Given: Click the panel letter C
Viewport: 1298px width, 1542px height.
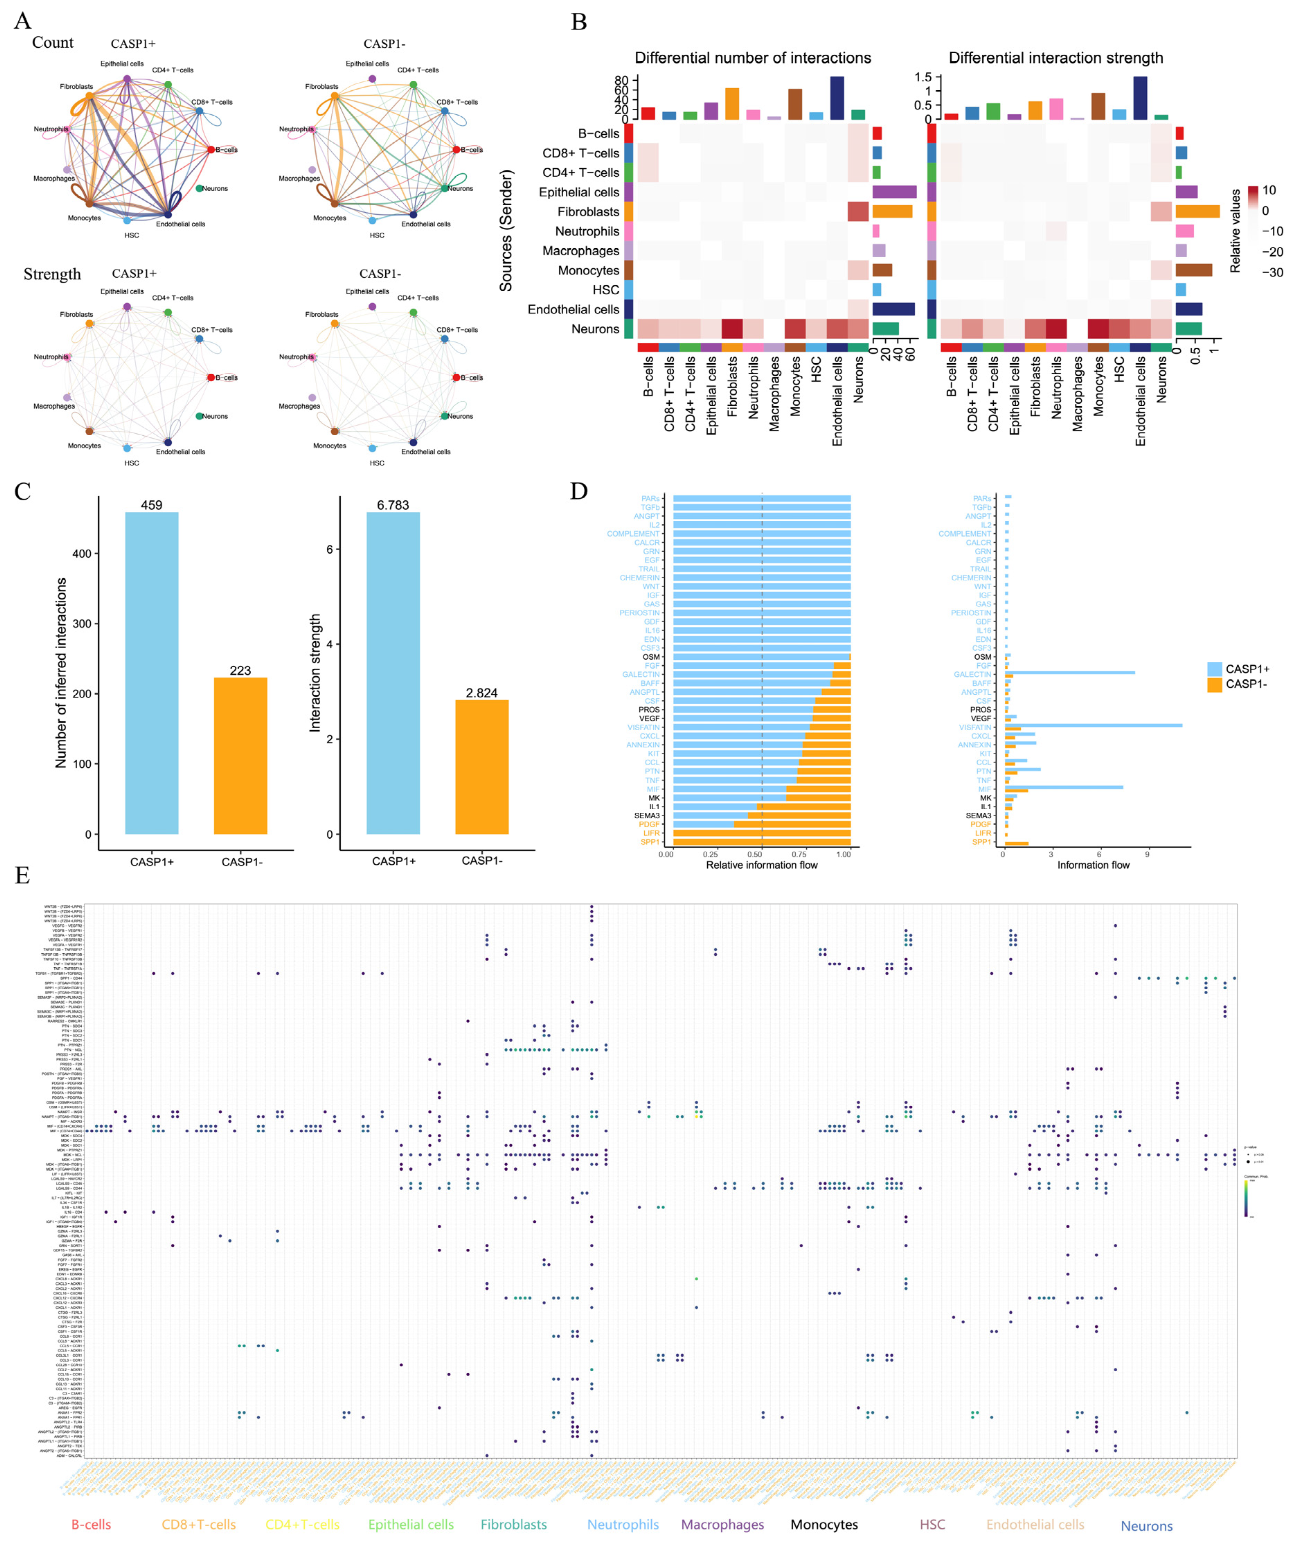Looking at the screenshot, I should pos(23,492).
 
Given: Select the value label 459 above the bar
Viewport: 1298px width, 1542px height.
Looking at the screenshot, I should pos(152,505).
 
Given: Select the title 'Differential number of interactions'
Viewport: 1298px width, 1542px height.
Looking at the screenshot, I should pos(753,58).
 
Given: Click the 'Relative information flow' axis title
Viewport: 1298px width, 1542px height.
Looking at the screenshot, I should pos(762,865).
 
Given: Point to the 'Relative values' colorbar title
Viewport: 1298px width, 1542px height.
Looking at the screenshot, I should pos(1235,231).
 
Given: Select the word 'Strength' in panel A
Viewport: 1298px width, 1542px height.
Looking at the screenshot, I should pos(52,275).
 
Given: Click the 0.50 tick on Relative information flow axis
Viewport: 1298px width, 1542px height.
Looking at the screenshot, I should pos(755,855).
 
